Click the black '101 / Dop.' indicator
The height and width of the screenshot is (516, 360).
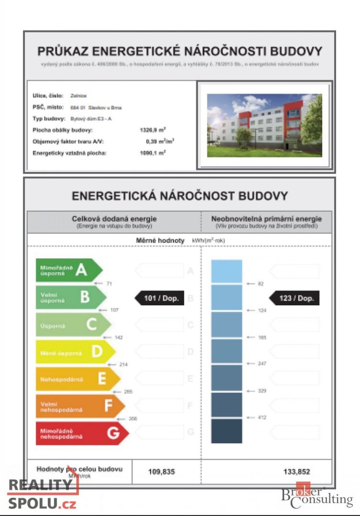pyautogui.click(x=160, y=298)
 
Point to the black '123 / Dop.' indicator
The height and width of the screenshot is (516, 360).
pyautogui.click(x=295, y=298)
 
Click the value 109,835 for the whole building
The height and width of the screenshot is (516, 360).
pyautogui.click(x=161, y=472)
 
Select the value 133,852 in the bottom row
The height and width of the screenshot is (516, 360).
pyautogui.click(x=296, y=472)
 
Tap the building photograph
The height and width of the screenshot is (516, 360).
pyautogui.click(x=264, y=125)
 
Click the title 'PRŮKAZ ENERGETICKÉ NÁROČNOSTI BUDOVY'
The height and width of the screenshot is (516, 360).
pyautogui.click(x=180, y=51)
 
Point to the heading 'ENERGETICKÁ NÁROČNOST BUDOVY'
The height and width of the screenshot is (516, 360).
pyautogui.click(x=180, y=196)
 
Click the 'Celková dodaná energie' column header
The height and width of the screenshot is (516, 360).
pyautogui.click(x=114, y=219)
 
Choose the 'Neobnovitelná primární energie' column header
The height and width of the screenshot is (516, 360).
pyautogui.click(x=266, y=219)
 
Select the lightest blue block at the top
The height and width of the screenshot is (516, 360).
pyautogui.click(x=226, y=271)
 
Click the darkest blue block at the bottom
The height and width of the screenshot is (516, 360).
pyautogui.click(x=226, y=431)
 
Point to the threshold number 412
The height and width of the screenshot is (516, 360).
pyautogui.click(x=262, y=418)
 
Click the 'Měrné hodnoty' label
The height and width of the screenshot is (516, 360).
pyautogui.click(x=160, y=240)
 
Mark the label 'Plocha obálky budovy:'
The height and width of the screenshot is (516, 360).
pyautogui.click(x=63, y=130)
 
